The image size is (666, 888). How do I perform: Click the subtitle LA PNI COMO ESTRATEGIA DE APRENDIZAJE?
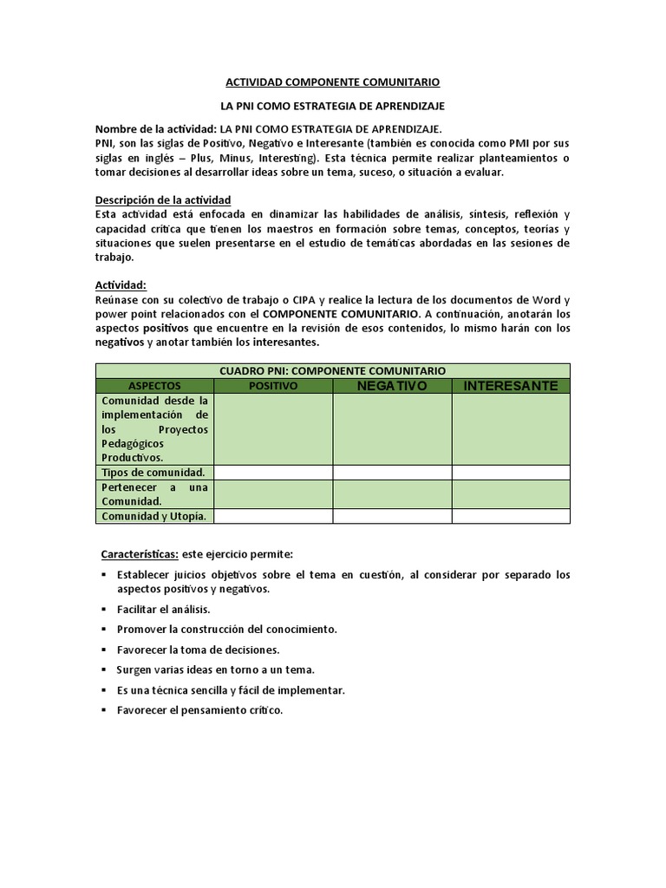333,106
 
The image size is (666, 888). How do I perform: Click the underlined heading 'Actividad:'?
121,284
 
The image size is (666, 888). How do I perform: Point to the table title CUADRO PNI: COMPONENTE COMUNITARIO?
333,370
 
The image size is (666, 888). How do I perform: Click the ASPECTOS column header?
154,385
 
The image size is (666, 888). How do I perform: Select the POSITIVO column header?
273,385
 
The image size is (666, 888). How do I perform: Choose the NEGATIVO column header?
392,385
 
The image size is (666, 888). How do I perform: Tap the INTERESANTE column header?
511,385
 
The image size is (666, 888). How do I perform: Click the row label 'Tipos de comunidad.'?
153,473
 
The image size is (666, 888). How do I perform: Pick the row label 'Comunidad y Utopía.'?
154,516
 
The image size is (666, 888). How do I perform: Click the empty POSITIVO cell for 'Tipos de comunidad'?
273,473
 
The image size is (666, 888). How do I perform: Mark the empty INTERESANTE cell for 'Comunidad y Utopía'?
511,516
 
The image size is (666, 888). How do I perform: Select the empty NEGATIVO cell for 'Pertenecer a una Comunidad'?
392,494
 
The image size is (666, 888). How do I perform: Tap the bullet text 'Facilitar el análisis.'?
163,610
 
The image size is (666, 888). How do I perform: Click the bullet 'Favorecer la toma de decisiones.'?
198,649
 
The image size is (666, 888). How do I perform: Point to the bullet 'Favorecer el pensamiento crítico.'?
199,710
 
